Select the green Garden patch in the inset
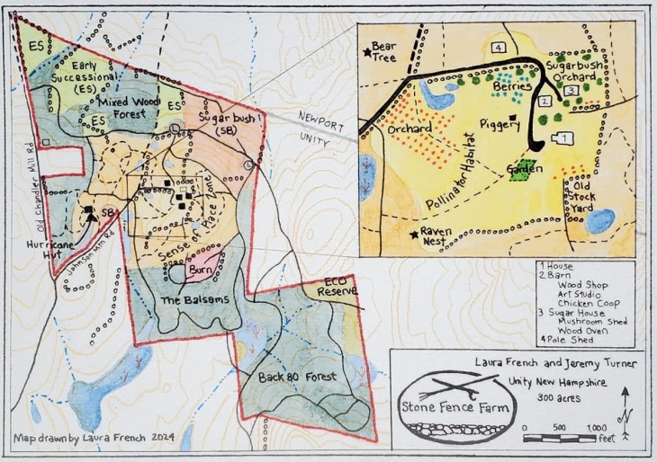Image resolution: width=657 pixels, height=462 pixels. coord(519,170)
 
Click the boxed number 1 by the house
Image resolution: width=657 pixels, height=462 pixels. coord(563,138)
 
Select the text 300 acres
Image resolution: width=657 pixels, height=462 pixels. coord(560,397)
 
